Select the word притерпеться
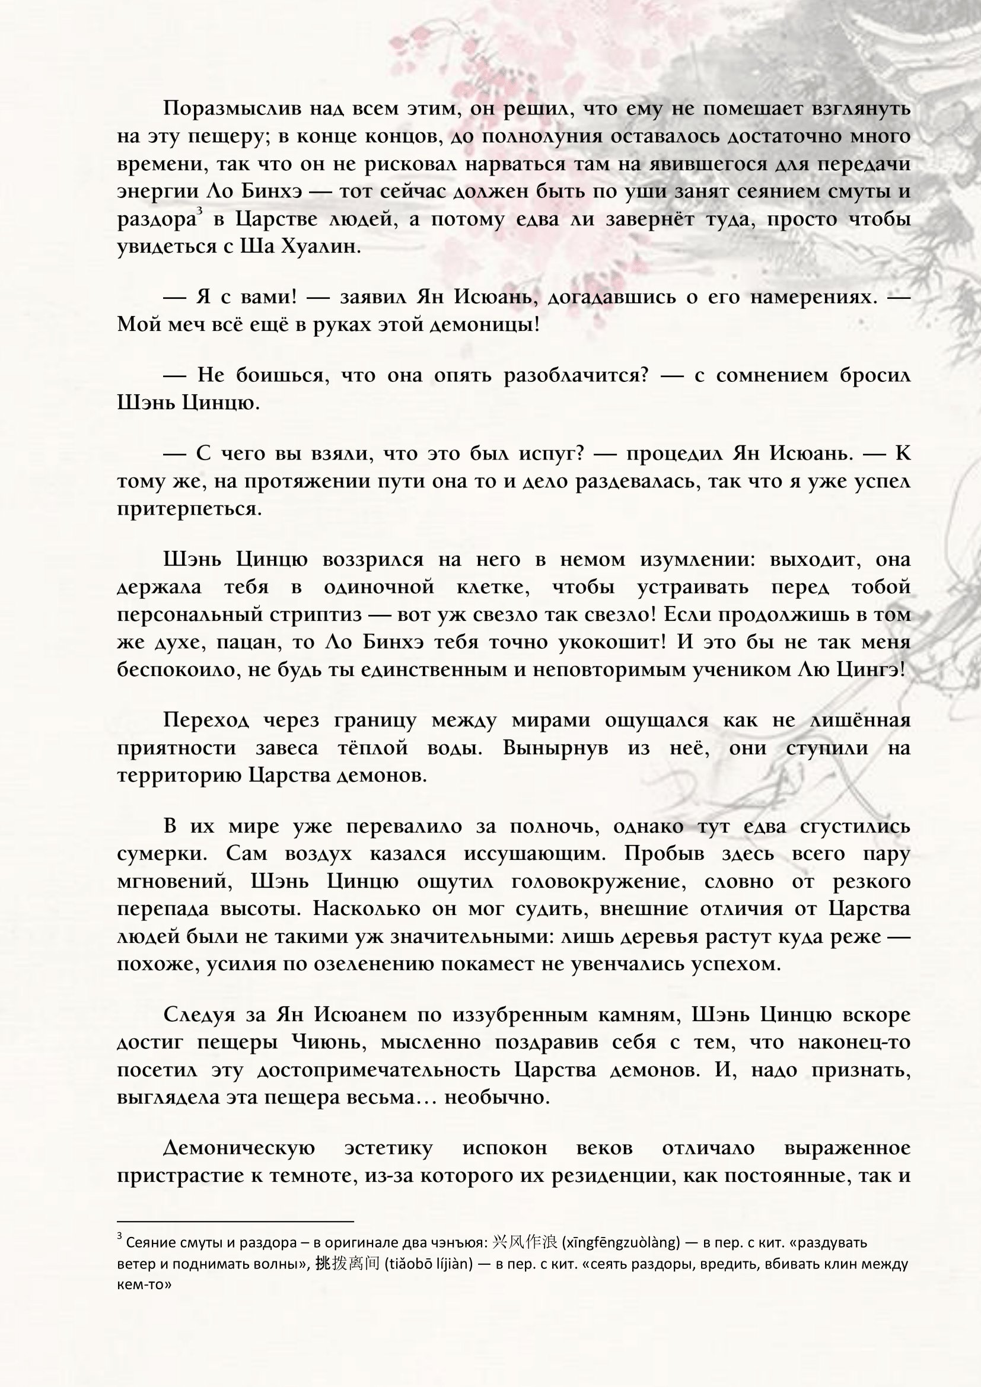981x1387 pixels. [190, 509]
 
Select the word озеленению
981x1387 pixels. [358, 964]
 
